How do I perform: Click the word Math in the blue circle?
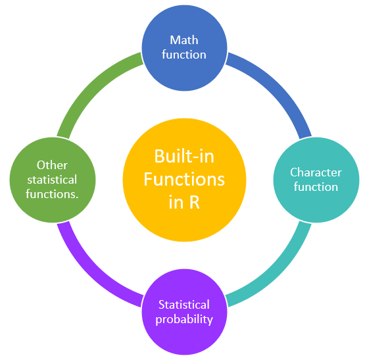[x=184, y=40]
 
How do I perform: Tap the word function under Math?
[x=184, y=54]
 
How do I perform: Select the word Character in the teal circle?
[x=316, y=172]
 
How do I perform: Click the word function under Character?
[x=316, y=187]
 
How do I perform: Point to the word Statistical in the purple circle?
[x=184, y=305]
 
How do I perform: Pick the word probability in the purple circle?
[x=184, y=319]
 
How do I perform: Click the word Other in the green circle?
[x=52, y=165]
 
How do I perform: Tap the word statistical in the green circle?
[x=52, y=179]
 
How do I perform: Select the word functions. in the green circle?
[x=52, y=193]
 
